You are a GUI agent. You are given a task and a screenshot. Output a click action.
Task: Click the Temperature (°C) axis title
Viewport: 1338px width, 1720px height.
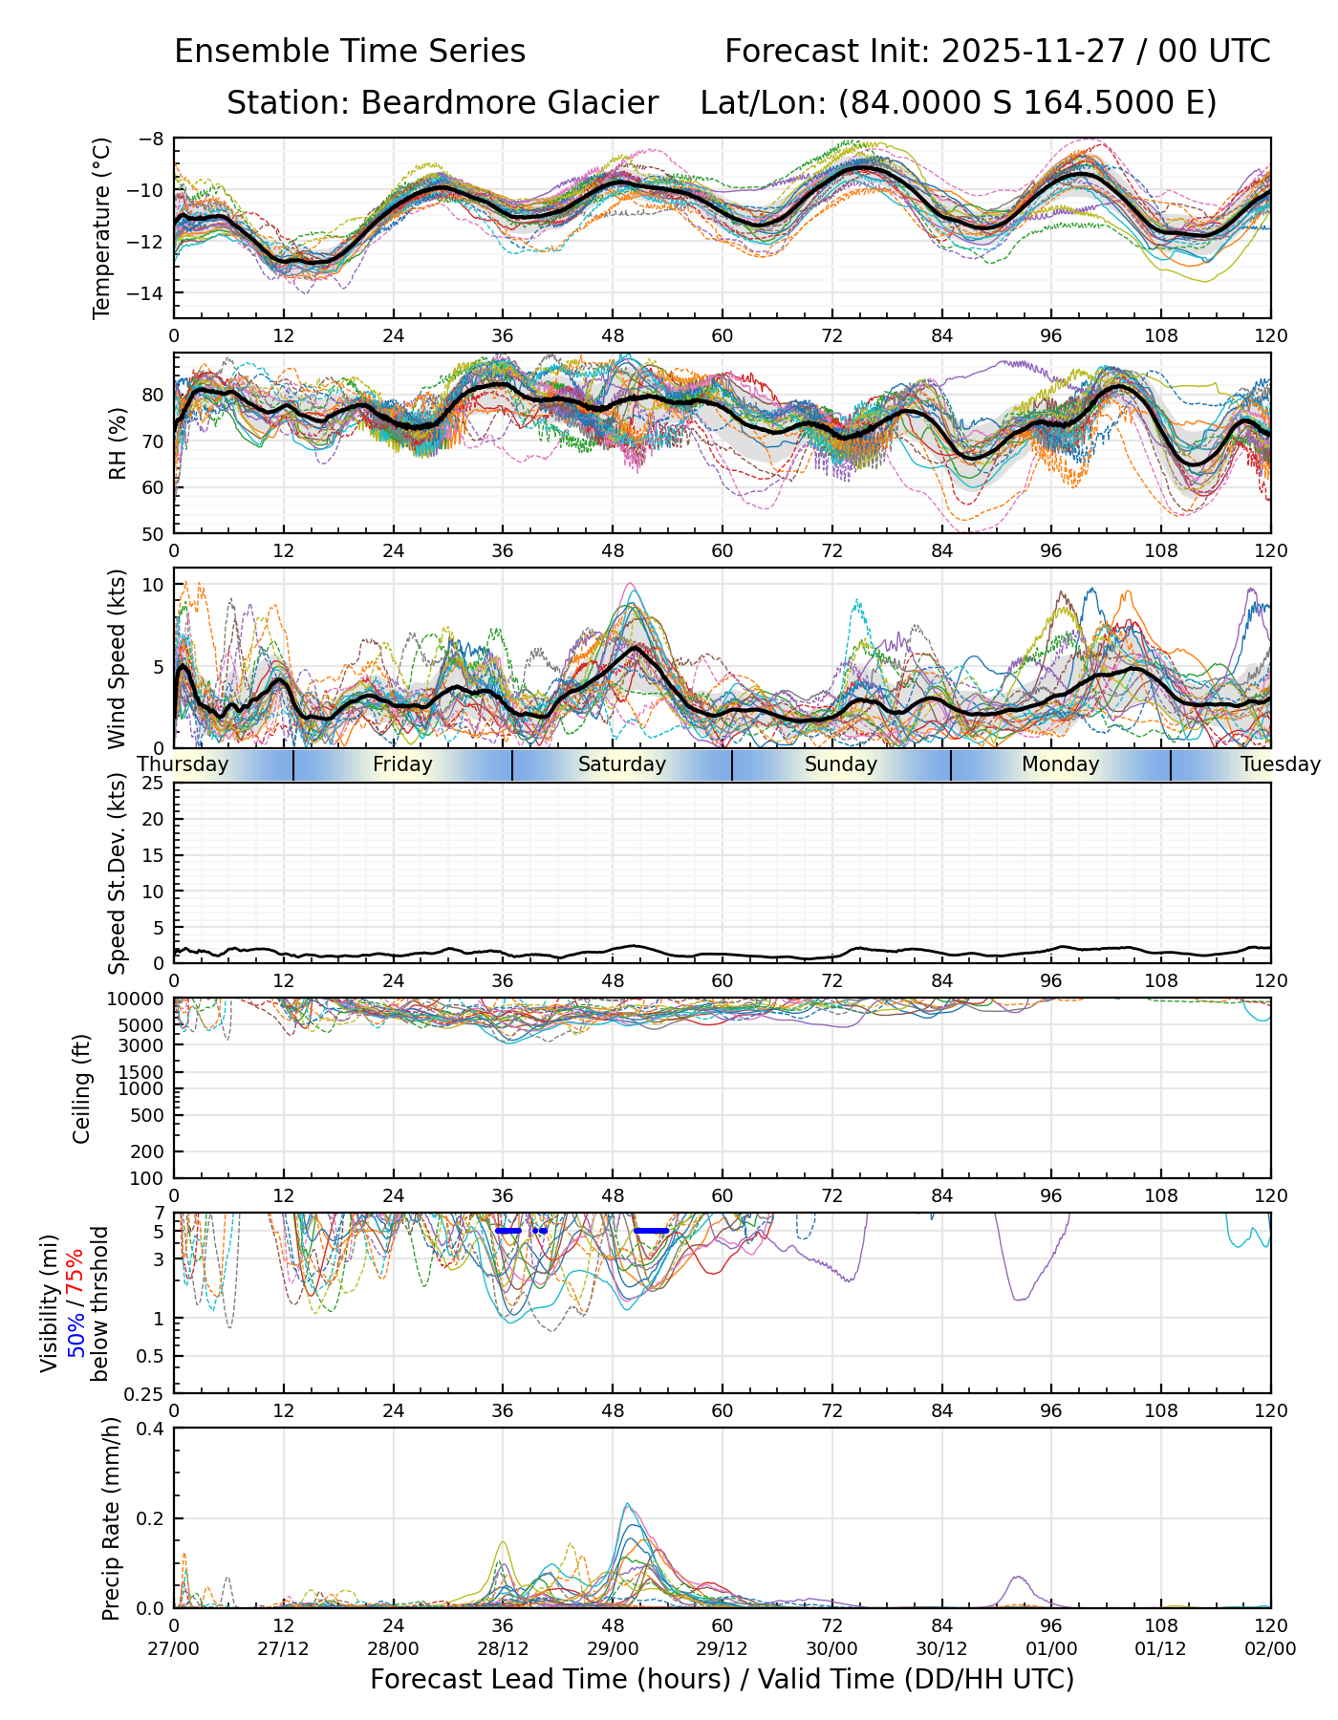coord(102,227)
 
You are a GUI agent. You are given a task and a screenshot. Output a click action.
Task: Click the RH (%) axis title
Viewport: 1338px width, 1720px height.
coord(118,442)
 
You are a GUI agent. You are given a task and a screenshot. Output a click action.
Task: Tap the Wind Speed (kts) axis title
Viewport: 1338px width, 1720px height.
coord(118,658)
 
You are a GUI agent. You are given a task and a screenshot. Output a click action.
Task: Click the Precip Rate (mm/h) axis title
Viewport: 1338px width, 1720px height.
coord(111,1517)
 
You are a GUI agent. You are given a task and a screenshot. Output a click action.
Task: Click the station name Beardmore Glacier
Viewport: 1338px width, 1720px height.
coord(508,103)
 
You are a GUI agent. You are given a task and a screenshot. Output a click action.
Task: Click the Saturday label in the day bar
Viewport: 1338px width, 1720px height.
coord(622,764)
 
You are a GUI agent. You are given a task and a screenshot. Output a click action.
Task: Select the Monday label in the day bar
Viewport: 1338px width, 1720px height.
coord(1060,764)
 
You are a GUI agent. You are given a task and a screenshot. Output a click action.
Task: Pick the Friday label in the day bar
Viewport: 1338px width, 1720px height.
coord(402,764)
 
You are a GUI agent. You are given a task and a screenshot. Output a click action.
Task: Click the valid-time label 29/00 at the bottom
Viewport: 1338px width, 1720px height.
coord(613,1648)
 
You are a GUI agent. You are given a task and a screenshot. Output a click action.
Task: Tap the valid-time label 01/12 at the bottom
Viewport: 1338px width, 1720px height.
coord(1161,1648)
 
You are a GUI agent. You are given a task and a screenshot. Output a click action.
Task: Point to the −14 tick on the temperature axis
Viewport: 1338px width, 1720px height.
coord(151,292)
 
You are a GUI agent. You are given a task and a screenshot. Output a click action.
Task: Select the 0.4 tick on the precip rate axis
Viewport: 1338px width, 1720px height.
coord(151,1429)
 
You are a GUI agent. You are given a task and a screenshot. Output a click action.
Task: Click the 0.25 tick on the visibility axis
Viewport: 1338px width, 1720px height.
coord(145,1393)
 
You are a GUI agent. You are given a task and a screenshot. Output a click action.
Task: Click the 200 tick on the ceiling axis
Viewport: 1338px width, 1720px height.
coord(148,1151)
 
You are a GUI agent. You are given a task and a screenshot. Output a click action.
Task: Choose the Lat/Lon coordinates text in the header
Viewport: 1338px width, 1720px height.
coord(959,103)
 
